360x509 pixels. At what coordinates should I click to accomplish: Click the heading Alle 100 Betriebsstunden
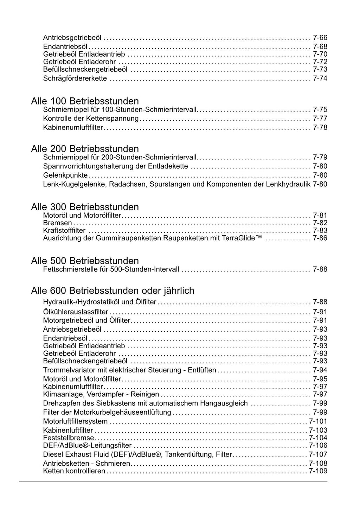tap(85, 101)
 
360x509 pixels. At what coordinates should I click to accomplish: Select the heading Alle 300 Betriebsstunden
tap(85, 207)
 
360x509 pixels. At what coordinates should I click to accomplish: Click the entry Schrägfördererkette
tap(75, 78)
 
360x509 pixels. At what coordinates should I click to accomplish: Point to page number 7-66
tap(320, 38)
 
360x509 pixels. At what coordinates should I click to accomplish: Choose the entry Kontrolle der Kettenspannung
tap(91, 119)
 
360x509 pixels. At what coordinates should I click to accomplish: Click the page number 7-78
tap(320, 127)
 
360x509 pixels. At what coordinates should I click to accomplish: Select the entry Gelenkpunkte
tap(65, 175)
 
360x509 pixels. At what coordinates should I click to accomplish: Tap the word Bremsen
tap(57, 223)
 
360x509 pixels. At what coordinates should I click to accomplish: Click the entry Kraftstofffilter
tap(64, 230)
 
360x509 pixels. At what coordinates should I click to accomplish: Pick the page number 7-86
tap(320, 238)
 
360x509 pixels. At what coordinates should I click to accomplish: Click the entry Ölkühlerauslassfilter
tap(76, 312)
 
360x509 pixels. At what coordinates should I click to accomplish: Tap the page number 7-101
tap(318, 421)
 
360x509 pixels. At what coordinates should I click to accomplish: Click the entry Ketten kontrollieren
tap(74, 471)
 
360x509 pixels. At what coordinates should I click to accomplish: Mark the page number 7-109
tap(318, 471)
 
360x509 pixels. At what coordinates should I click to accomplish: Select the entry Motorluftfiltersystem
tap(75, 421)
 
